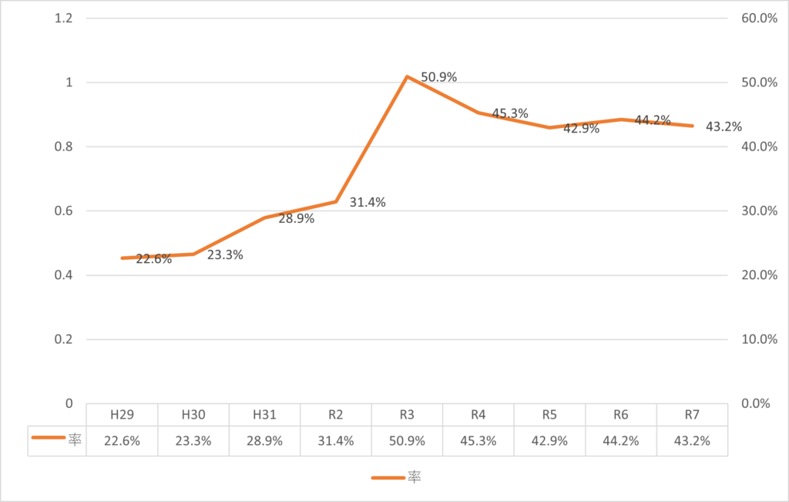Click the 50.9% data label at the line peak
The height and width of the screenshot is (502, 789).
439,77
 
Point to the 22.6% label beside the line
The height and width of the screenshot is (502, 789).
153,259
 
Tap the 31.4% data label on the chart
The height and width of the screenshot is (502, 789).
368,203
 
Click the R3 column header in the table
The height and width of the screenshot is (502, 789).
407,414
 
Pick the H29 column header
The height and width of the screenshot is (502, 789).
123,414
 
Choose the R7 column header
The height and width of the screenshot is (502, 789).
691,414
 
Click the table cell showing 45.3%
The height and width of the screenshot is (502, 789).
478,441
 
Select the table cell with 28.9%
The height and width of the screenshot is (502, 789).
264,441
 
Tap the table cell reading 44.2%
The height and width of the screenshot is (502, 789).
620,441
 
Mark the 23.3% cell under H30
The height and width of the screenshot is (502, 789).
193,441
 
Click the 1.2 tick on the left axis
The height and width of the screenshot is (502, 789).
63,19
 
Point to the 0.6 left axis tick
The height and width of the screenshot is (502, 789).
63,211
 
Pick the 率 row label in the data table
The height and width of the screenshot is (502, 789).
74,441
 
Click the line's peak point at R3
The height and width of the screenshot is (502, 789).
407,76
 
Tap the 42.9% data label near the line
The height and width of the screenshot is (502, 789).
582,129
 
